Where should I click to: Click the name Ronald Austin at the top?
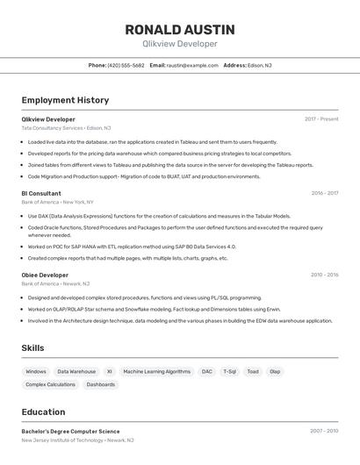[179, 29]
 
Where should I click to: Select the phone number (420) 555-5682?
[126, 65]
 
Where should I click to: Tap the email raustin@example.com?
[192, 65]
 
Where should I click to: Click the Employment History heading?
[65, 100]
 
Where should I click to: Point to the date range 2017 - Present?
[321, 118]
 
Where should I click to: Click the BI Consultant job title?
[41, 193]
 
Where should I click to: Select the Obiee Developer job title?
[45, 275]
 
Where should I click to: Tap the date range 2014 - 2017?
[324, 193]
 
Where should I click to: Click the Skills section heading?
[32, 348]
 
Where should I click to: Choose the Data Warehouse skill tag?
[76, 371]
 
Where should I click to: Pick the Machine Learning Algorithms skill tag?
[156, 371]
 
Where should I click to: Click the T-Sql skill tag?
[229, 371]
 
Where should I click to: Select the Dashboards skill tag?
[101, 384]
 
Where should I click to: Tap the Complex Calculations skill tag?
[50, 384]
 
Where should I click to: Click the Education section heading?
[43, 411]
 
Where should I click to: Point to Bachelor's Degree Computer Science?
[70, 431]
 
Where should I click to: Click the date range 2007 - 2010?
[324, 431]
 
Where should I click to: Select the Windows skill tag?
[36, 371]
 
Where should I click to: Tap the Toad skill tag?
[253, 371]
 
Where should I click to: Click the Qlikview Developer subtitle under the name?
[179, 44]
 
